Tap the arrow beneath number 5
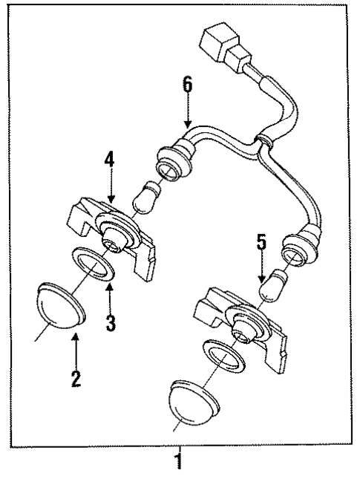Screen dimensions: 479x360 pos(261,271)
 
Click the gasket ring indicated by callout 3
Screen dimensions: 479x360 pos(94,265)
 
